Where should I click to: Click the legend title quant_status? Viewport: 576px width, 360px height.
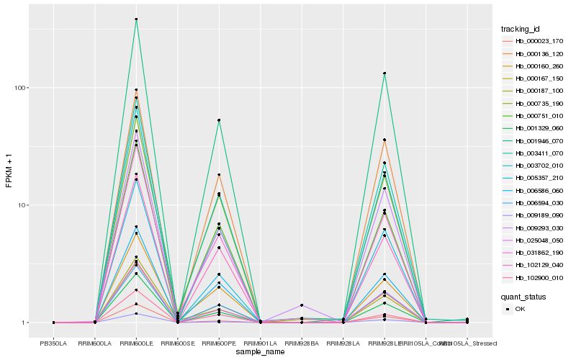(x=523, y=296)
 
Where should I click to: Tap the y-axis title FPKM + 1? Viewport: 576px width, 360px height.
(x=9, y=171)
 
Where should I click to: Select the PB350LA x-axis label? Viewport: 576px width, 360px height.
(x=54, y=343)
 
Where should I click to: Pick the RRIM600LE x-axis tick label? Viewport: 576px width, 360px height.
(x=136, y=343)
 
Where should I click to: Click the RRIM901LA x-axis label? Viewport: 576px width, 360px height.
(x=260, y=343)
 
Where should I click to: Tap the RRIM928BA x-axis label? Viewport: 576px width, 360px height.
(x=302, y=343)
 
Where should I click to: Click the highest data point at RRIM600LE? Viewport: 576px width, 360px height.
(x=136, y=19)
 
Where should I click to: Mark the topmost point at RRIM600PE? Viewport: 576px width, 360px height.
(x=219, y=120)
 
